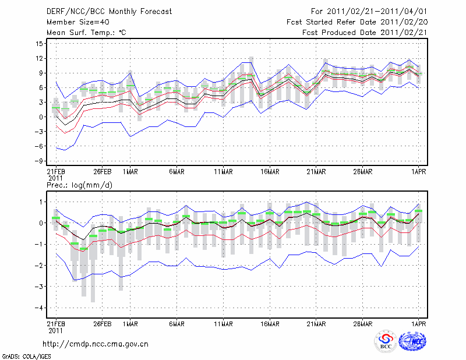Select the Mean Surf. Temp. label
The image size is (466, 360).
point(86,33)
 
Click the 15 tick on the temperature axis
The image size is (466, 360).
point(39,44)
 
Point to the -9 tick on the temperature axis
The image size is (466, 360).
point(38,161)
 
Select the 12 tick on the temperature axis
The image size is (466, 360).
point(39,58)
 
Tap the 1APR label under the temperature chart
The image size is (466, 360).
point(418,171)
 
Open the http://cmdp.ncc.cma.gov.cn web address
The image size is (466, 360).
point(96,344)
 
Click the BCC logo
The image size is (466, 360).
point(386,342)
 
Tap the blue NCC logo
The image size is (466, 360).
point(413,342)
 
